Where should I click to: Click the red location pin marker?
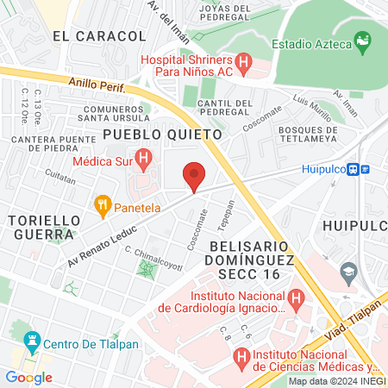point(195,176)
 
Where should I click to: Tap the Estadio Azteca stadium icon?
point(363,42)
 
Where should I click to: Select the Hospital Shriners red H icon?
point(243,63)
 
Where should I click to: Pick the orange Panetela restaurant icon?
point(103,205)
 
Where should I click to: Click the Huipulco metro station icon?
point(365,170)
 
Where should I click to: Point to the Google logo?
point(28,377)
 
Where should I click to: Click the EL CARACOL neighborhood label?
point(98,36)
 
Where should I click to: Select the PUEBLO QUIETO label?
point(162,135)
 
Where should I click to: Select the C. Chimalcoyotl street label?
point(154,258)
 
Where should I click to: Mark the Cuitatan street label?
point(60,174)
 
